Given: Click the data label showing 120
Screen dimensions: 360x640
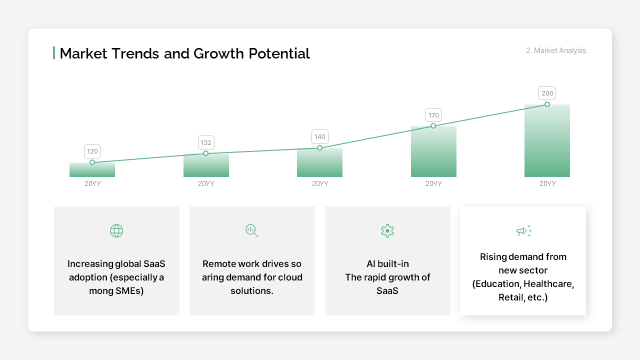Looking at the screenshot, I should click(92, 151).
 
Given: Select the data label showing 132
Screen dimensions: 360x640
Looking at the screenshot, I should click(206, 142).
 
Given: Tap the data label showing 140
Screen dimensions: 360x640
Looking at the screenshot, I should click(319, 136).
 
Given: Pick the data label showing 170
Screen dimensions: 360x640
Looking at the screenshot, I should click(433, 115).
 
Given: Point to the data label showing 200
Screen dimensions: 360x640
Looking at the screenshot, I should click(547, 93).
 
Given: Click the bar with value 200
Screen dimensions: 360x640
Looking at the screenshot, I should click(547, 145).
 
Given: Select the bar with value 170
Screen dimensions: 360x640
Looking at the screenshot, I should click(433, 155).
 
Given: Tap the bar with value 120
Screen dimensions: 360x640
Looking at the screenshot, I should click(92, 171).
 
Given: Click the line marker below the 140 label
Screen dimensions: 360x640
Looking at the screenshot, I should click(319, 148).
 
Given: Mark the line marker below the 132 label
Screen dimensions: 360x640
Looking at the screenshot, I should click(206, 153).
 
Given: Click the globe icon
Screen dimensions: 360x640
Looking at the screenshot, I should click(116, 230).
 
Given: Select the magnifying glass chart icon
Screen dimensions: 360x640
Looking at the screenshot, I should click(252, 230).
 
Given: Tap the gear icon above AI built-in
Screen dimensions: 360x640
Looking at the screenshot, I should click(387, 230).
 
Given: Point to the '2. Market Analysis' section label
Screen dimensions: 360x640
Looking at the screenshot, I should click(556, 50).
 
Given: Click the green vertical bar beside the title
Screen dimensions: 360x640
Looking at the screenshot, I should click(54, 53).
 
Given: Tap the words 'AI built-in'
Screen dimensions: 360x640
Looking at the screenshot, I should click(387, 263).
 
